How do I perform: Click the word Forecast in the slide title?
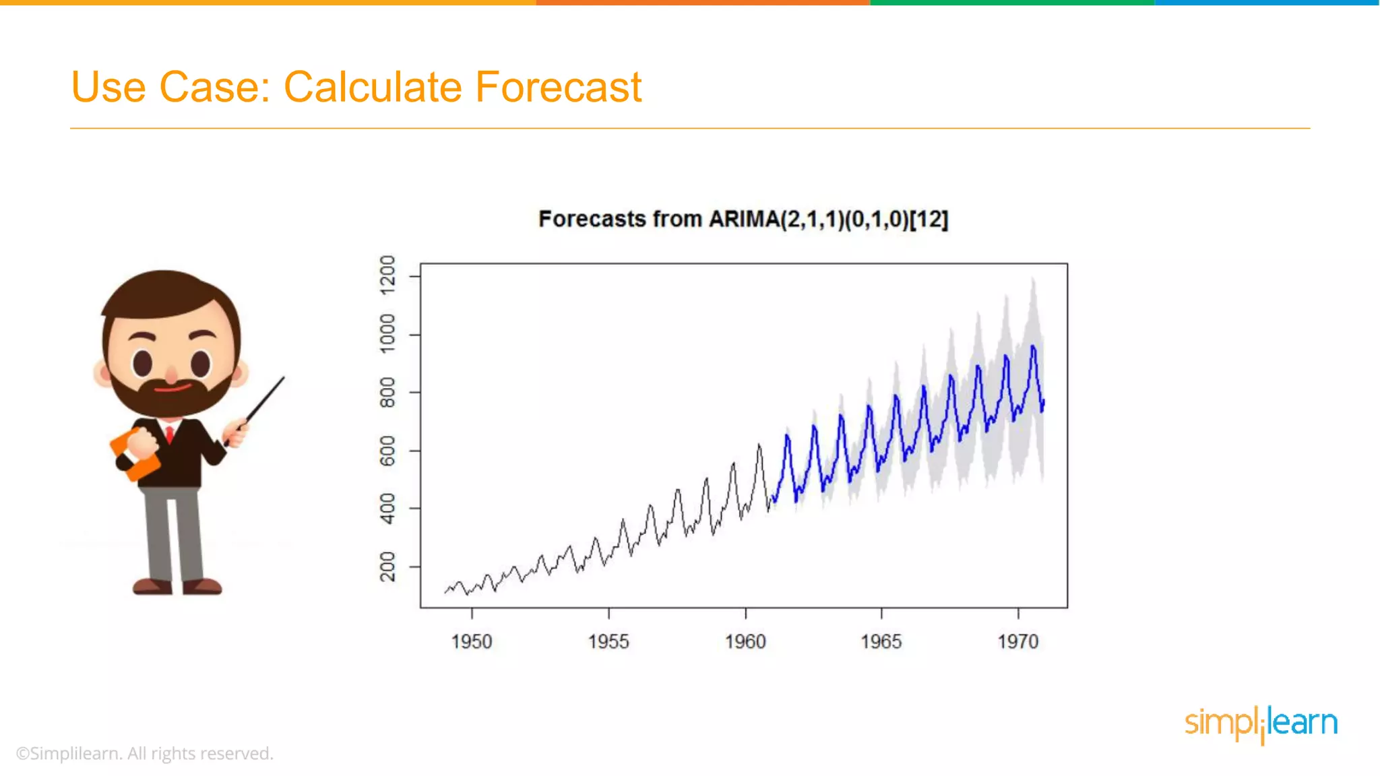[x=558, y=88]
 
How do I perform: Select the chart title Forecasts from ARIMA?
[x=743, y=219]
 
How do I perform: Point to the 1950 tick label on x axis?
[x=472, y=641]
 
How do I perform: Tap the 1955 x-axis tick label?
[x=608, y=641]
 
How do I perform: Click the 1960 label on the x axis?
[x=745, y=641]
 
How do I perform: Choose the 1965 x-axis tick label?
[x=881, y=641]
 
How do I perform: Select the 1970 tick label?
[x=1018, y=641]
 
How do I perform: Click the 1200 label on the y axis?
[x=387, y=275]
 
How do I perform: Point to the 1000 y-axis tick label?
[x=387, y=333]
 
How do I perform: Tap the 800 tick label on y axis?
[x=387, y=392]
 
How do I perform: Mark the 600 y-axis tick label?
[x=387, y=451]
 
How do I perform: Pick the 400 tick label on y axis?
[x=387, y=509]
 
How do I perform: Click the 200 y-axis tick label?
[x=387, y=567]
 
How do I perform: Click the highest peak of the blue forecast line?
[x=1033, y=347]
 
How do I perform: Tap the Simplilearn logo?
[x=1261, y=723]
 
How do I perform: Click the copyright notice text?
[x=145, y=753]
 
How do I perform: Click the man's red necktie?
[x=170, y=433]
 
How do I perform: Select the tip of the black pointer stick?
[x=283, y=378]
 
